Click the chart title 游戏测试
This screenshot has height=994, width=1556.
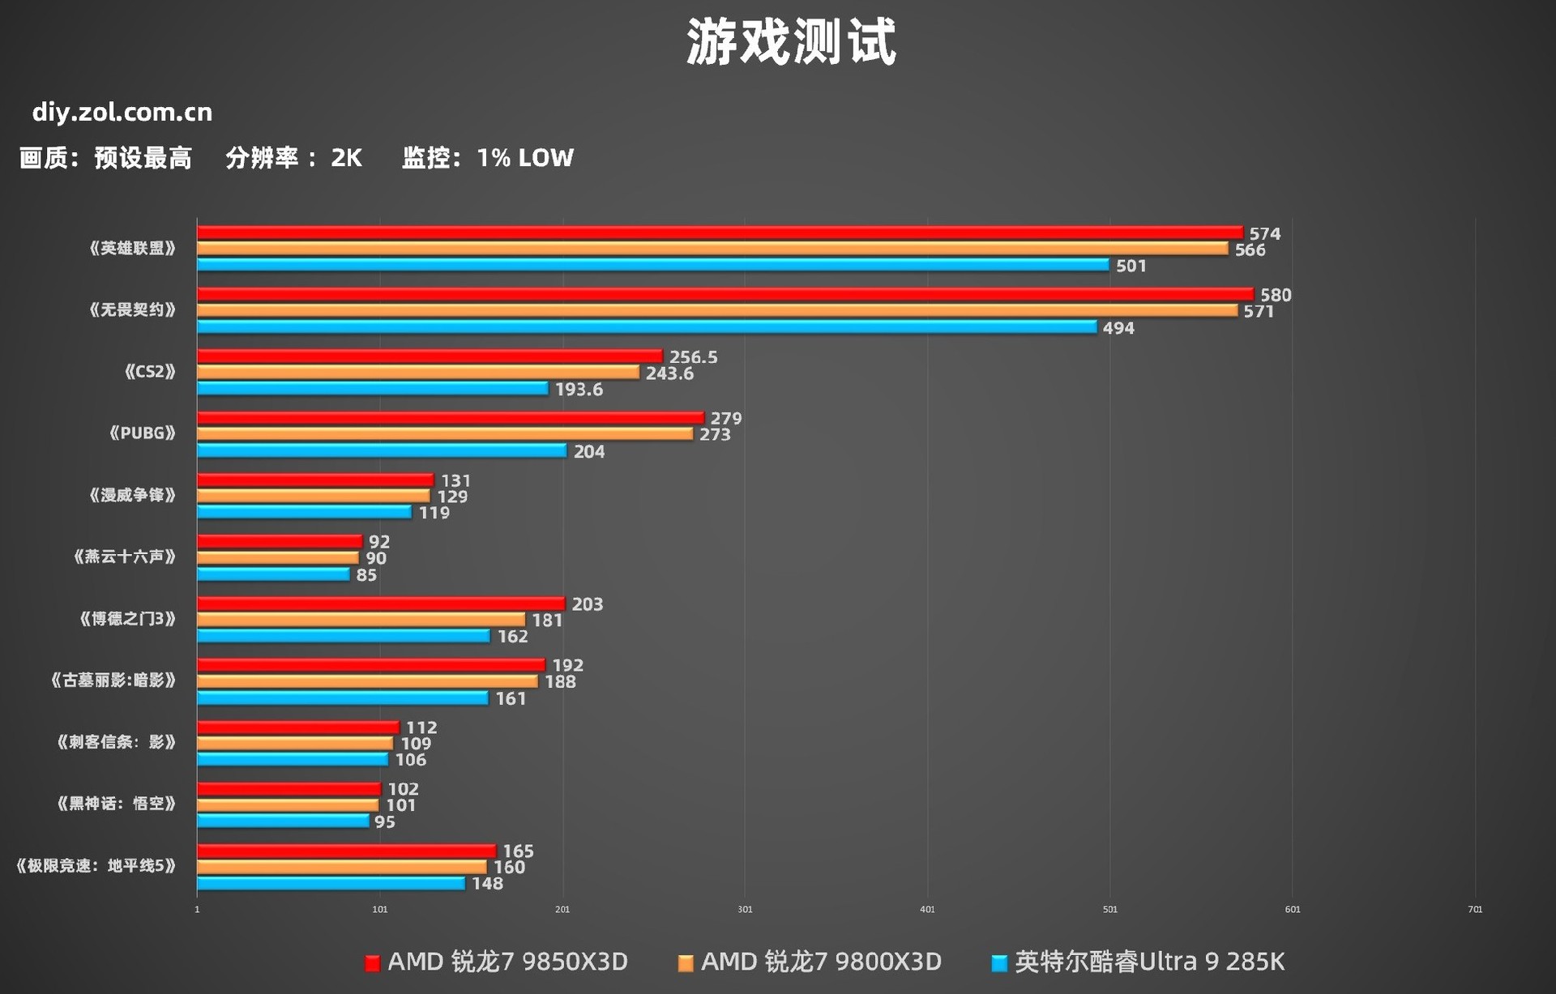[x=791, y=42]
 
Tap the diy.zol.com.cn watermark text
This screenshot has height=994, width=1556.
[x=122, y=112]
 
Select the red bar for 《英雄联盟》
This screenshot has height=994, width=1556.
[x=720, y=233]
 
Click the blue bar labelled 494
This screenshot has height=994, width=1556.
[x=647, y=326]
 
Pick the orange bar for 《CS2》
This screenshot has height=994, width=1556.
[x=418, y=372]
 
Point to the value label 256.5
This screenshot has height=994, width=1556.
[x=693, y=357]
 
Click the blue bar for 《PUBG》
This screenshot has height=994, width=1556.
[x=382, y=450]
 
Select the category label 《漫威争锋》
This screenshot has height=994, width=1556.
[x=132, y=495]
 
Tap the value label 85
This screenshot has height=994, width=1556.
[x=366, y=574]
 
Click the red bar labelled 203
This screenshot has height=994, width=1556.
[x=381, y=604]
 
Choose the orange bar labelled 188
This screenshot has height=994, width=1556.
[x=367, y=681]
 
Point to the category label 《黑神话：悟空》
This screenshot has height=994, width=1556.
[x=116, y=804]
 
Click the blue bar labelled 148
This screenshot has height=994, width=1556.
[x=331, y=883]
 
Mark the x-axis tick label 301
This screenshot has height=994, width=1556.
[x=745, y=909]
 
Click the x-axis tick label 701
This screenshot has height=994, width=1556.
[x=1475, y=909]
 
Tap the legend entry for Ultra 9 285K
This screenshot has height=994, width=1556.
[x=1138, y=962]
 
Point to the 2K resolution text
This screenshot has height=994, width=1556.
[x=346, y=157]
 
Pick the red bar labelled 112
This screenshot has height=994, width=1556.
[x=298, y=727]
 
